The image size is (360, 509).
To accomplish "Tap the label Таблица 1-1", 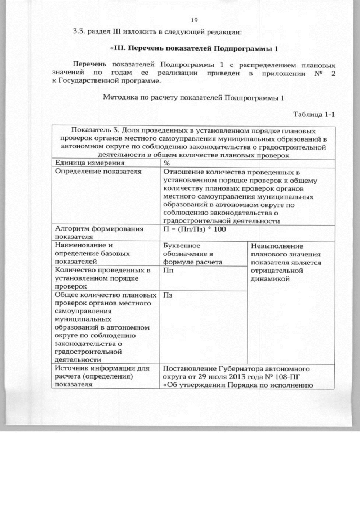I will (314, 114).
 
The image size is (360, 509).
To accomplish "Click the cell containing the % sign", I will (167, 163).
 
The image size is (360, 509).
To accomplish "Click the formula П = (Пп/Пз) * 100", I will (194, 229).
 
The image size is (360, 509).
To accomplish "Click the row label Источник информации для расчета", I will (101, 376).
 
